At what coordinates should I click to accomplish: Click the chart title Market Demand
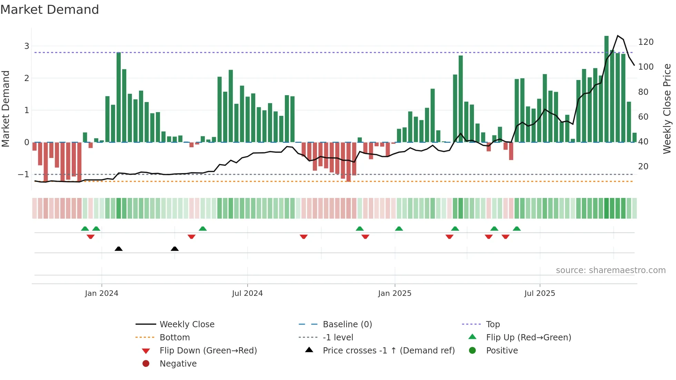(x=50, y=10)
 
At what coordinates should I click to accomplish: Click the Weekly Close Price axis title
(x=667, y=109)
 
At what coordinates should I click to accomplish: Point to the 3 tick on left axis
(x=27, y=46)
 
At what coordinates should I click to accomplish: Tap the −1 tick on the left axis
(x=24, y=174)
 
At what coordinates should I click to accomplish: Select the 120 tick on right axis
(x=646, y=42)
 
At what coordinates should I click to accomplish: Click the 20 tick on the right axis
(x=643, y=167)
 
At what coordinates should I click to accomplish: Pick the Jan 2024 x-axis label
(x=101, y=293)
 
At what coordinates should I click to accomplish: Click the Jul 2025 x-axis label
(x=539, y=293)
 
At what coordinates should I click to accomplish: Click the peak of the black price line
(x=618, y=36)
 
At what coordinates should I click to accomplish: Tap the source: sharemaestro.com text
(x=610, y=270)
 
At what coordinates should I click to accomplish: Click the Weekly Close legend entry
(x=187, y=324)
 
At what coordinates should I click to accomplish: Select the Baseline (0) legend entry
(x=347, y=324)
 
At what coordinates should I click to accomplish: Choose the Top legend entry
(x=493, y=324)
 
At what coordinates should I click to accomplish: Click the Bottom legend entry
(x=175, y=338)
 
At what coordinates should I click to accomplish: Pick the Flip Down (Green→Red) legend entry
(x=208, y=351)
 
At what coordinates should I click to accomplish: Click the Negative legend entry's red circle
(x=146, y=364)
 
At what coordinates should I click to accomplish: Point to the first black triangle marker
(x=119, y=249)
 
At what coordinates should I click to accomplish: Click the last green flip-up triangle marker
(x=516, y=229)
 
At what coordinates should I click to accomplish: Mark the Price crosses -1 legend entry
(x=388, y=351)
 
